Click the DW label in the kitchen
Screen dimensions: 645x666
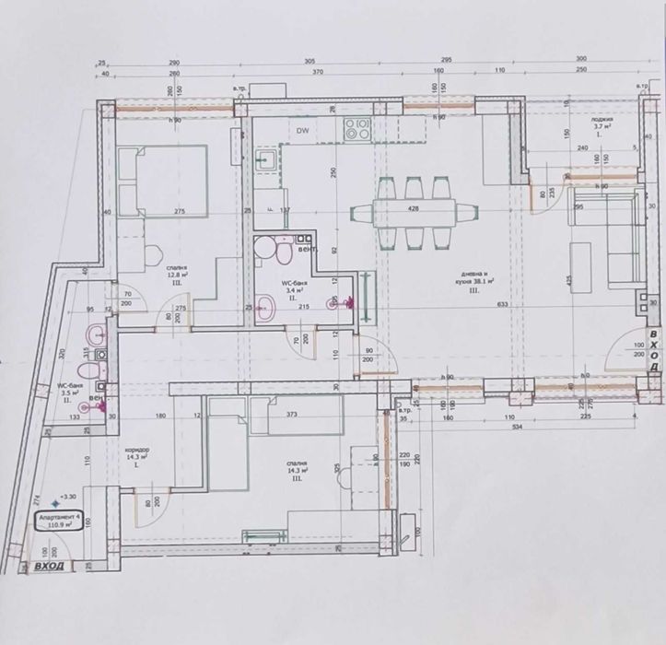[301, 131]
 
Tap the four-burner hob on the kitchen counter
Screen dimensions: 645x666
[356, 129]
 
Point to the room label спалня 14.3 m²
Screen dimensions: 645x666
[295, 470]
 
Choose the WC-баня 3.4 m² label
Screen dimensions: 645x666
[293, 287]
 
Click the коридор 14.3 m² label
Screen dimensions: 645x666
[137, 455]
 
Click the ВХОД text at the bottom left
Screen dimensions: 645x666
[49, 566]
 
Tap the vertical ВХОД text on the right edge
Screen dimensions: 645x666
[654, 350]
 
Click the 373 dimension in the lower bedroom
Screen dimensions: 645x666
[292, 415]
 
